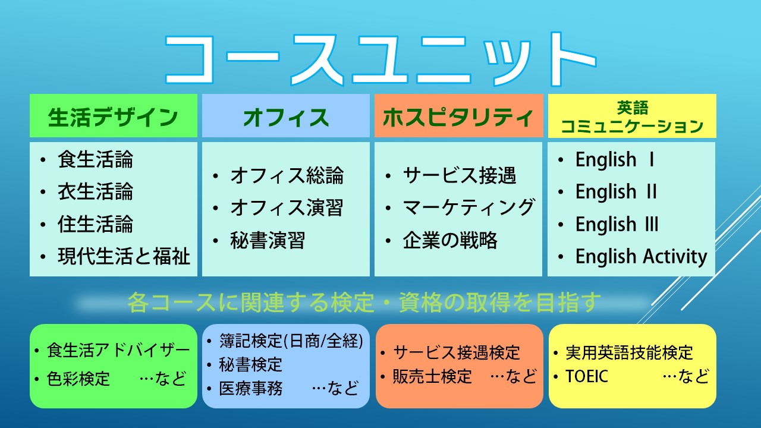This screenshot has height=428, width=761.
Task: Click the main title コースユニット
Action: [x=380, y=59]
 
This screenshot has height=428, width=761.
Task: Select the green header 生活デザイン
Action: [x=113, y=117]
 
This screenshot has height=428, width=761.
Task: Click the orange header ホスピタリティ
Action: [x=458, y=117]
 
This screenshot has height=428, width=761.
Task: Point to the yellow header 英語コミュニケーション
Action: [x=632, y=117]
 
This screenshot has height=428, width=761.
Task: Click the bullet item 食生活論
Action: [x=95, y=159]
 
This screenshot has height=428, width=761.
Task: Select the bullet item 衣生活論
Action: [x=95, y=191]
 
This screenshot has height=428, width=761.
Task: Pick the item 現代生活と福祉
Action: [x=124, y=256]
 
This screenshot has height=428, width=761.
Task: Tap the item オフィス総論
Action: [x=287, y=175]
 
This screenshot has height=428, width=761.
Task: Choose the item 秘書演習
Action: [x=268, y=240]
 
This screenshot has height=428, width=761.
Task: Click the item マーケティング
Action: [x=469, y=207]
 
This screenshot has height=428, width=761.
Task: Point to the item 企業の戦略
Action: [x=450, y=240]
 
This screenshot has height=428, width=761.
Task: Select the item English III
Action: [x=617, y=224]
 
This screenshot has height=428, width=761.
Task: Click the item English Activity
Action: [x=641, y=256]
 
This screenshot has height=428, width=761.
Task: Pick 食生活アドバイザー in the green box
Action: [x=118, y=350]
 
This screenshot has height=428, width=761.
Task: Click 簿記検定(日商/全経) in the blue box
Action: [x=291, y=341]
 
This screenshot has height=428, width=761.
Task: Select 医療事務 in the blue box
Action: [x=251, y=388]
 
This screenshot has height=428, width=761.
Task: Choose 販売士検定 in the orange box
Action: [x=432, y=376]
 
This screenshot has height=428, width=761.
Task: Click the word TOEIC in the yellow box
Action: [x=587, y=376]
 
